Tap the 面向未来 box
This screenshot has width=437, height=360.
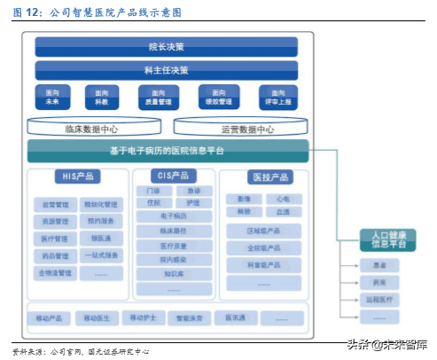click(51, 97)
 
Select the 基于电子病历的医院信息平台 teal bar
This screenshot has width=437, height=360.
click(168, 151)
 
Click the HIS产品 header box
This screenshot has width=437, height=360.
click(79, 176)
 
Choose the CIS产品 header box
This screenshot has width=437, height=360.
click(167, 176)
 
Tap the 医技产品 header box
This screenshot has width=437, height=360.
click(257, 176)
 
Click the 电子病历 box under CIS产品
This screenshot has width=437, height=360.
click(173, 216)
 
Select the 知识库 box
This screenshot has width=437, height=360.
click(173, 274)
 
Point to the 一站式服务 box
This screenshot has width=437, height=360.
click(101, 255)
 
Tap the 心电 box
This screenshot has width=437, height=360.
click(282, 199)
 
